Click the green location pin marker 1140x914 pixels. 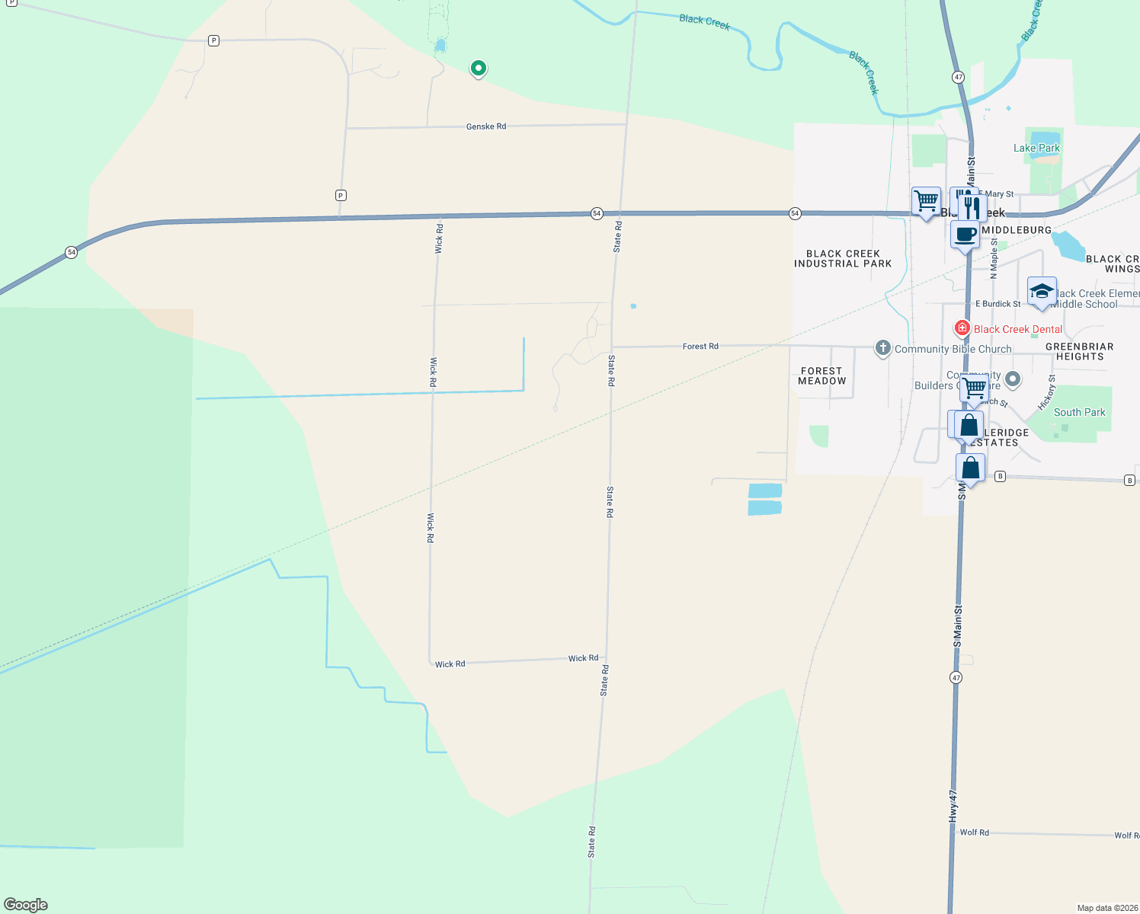[478, 69]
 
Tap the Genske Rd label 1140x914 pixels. [486, 126]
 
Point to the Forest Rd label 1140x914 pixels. [700, 347]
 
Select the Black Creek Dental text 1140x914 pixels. [1017, 329]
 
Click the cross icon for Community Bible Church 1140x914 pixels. [882, 348]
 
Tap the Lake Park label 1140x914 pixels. [1036, 148]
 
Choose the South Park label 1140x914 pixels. [1079, 412]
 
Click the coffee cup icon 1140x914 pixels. [964, 235]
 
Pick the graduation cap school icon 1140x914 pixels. [1042, 292]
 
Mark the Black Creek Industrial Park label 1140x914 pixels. [843, 259]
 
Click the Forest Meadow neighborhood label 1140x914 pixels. [821, 376]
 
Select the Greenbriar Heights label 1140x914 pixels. [1079, 351]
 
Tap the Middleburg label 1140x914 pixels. [1017, 230]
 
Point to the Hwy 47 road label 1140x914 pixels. [953, 805]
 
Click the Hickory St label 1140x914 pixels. [1047, 391]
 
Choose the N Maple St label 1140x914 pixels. [994, 258]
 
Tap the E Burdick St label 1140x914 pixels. [998, 304]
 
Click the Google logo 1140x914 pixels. [26, 905]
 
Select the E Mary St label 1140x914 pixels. [998, 194]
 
